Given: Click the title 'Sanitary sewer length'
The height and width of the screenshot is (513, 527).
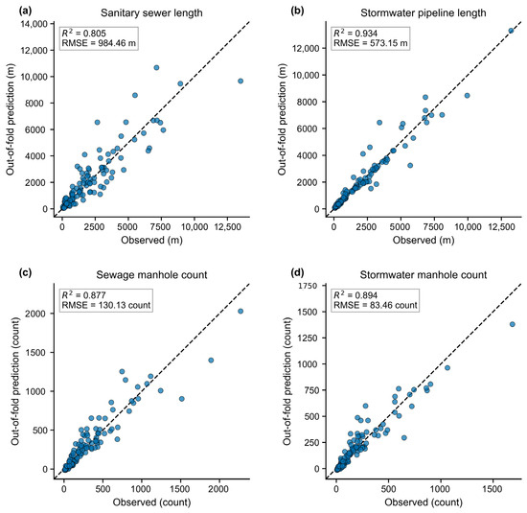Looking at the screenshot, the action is click(151, 12).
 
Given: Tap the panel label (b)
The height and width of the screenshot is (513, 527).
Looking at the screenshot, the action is click(297, 11).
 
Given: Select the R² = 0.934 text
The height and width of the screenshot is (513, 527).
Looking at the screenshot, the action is click(355, 33).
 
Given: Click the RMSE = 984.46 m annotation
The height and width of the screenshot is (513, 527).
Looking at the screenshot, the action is click(99, 43).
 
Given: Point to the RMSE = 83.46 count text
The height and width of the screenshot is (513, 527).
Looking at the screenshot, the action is click(376, 305).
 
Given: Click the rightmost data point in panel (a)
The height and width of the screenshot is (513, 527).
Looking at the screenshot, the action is click(241, 82).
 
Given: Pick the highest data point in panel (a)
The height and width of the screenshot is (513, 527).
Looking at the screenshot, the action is click(156, 68).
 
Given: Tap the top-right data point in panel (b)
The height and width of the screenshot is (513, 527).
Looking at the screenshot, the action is click(511, 31).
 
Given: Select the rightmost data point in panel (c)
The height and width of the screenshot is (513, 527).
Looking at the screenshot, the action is click(241, 312).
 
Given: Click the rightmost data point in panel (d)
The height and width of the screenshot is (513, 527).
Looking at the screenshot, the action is click(513, 324).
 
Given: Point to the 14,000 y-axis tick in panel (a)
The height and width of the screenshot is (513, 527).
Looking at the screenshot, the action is click(34, 24).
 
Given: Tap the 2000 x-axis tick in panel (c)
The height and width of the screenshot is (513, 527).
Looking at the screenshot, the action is click(218, 489).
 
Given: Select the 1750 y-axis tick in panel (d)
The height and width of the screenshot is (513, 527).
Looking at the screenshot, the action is click(308, 286).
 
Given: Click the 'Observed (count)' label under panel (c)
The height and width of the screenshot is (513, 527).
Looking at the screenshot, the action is click(152, 502).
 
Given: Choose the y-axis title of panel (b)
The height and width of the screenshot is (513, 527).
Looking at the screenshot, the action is click(282, 120).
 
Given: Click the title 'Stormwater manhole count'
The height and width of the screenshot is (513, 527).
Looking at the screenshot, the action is click(424, 275).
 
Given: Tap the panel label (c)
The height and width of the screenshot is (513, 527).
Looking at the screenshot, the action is click(26, 273).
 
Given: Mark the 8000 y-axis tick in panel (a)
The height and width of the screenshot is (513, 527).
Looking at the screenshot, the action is click(34, 104).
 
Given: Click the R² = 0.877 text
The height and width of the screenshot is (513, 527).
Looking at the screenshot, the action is click(83, 295).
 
